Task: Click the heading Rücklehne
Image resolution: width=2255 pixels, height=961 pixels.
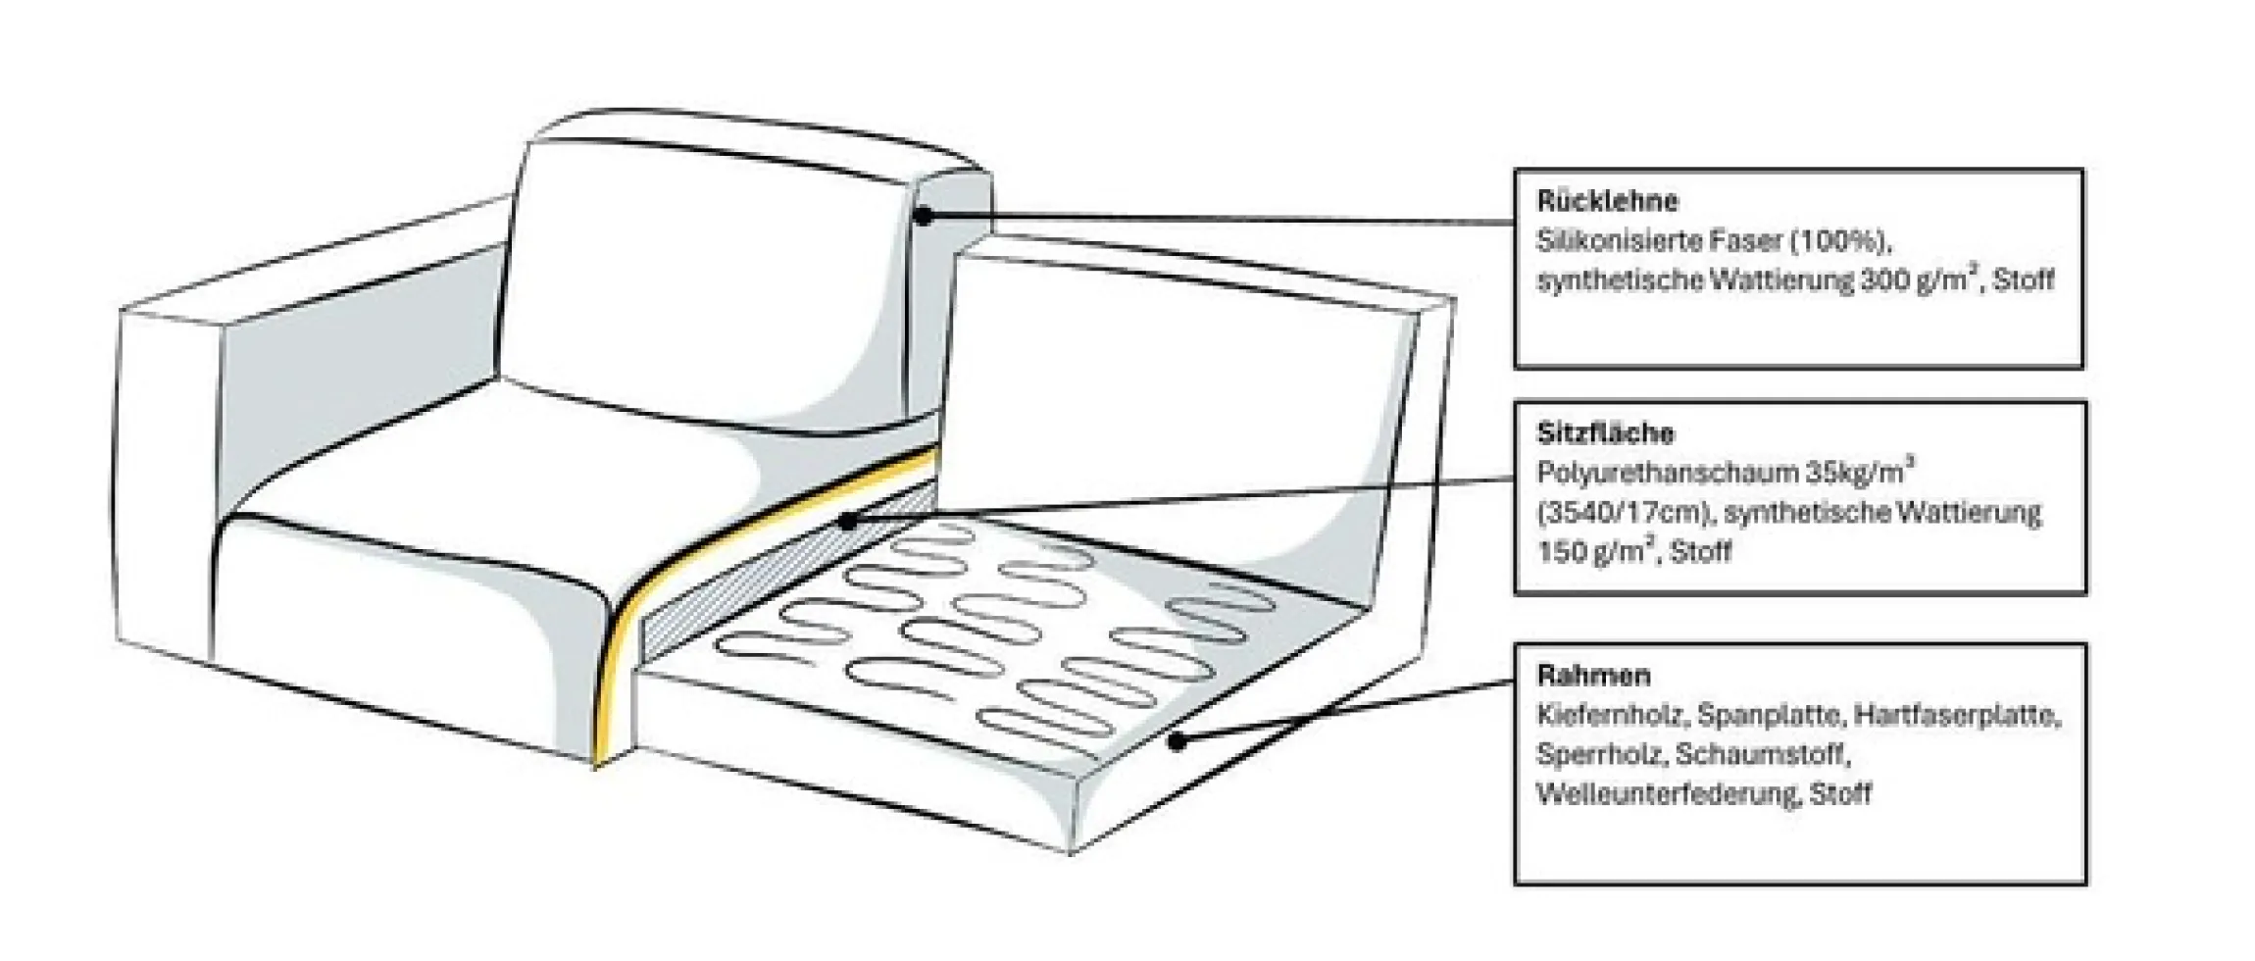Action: coord(1607,201)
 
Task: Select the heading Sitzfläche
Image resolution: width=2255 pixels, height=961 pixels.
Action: coord(1605,433)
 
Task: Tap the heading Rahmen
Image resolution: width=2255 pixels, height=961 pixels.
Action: coord(1593,676)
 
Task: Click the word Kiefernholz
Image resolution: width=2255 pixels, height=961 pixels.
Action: coord(1612,716)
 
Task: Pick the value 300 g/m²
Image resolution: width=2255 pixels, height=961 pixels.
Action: coord(1923,279)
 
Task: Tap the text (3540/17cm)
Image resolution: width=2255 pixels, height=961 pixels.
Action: coord(1626,513)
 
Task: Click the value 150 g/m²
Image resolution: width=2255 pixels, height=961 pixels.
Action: coord(1596,551)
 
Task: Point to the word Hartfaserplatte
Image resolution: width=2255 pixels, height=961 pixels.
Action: coord(1957,716)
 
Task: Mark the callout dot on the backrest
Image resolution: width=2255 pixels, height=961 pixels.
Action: coord(923,216)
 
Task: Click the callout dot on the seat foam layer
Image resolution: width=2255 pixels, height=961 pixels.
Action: coord(848,522)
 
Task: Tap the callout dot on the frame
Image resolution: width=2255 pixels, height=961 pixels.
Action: coord(1178,742)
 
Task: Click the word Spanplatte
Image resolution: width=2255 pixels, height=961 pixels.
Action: coord(1770,716)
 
